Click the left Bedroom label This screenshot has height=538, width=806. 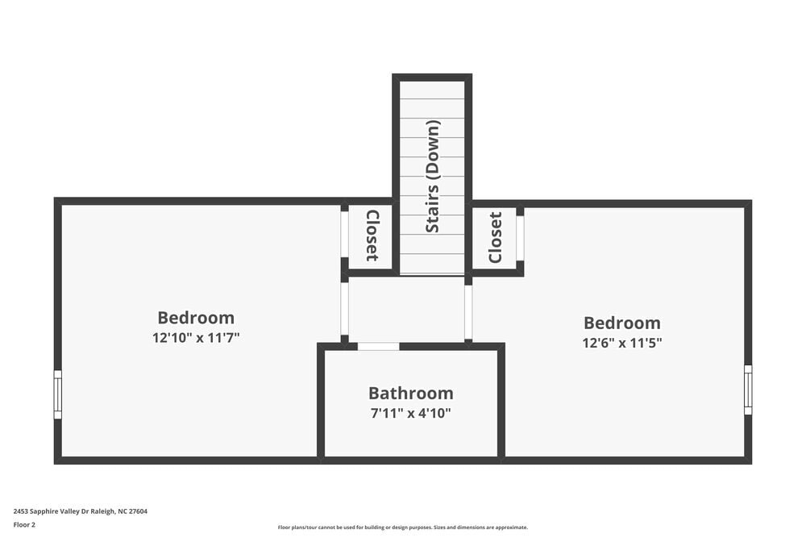[196, 318]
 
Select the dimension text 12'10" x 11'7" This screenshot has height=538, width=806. [196, 338]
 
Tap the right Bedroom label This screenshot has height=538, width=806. [621, 323]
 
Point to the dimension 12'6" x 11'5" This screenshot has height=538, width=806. [621, 343]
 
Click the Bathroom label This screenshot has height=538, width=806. [410, 393]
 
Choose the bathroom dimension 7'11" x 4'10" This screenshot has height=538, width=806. [410, 413]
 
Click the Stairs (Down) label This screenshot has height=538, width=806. [433, 177]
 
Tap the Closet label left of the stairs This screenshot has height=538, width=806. [372, 236]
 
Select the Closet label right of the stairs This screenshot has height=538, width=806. [495, 237]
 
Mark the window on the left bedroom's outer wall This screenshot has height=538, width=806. [57, 394]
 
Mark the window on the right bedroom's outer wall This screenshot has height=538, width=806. [748, 390]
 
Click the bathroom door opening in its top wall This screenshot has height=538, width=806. [378, 347]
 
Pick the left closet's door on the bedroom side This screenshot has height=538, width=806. [344, 234]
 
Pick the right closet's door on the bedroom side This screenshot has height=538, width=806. [520, 238]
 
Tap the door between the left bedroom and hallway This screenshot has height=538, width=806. [344, 308]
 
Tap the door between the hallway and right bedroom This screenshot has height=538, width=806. [468, 312]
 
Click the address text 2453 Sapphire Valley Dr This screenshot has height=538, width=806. [80, 511]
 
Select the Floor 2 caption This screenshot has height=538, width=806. [24, 524]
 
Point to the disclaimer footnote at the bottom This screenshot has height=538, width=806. [402, 528]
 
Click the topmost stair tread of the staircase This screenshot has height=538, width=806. [432, 90]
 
